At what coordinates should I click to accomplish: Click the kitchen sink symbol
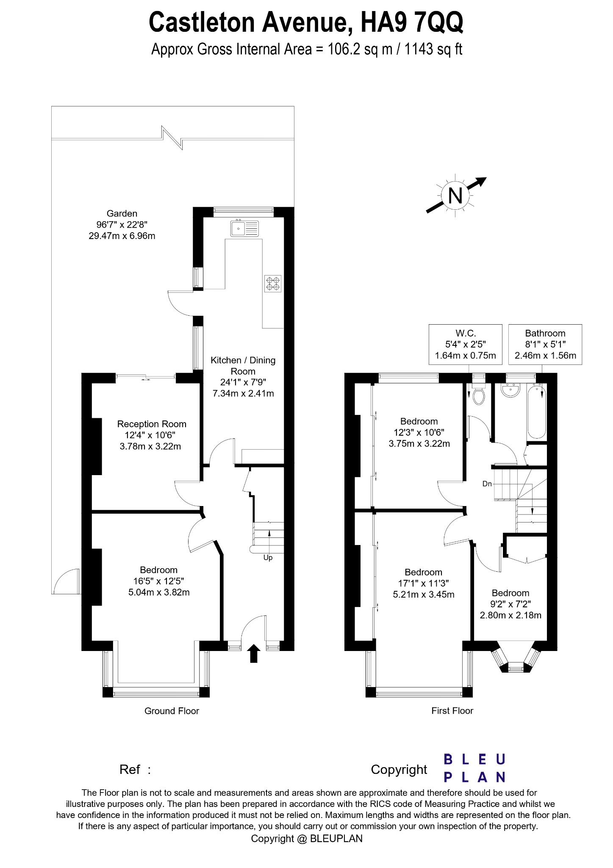[x=245, y=228]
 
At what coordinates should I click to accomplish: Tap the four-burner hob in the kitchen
[x=273, y=283]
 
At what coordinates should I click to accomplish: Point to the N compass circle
[x=455, y=195]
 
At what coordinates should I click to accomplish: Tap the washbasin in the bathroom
[x=510, y=390]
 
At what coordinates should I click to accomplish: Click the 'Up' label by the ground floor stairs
[x=268, y=558]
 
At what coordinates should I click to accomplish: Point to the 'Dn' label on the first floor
[x=487, y=484]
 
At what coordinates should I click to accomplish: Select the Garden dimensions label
[x=122, y=225]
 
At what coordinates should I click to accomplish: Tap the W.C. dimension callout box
[x=465, y=345]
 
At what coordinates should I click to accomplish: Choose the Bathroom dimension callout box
[x=545, y=345]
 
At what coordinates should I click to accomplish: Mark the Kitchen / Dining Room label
[x=243, y=376]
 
